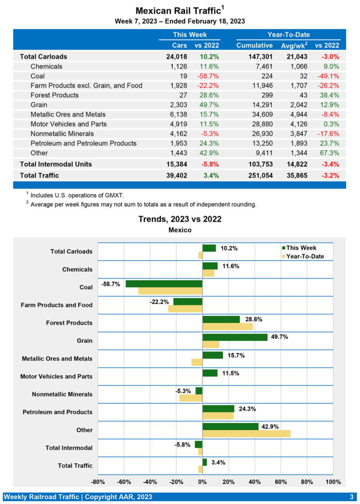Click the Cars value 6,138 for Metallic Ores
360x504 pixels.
pos(177,115)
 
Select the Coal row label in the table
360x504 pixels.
pos(38,76)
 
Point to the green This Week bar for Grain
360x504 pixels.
pos(235,337)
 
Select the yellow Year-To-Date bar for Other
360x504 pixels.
pos(246,434)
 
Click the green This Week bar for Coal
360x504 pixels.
pos(164,284)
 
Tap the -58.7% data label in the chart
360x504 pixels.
pos(111,284)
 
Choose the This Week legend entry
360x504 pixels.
pos(301,248)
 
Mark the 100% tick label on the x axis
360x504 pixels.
pos(333,481)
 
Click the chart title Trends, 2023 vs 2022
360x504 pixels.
pos(179,219)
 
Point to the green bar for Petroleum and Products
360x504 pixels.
pos(218,409)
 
